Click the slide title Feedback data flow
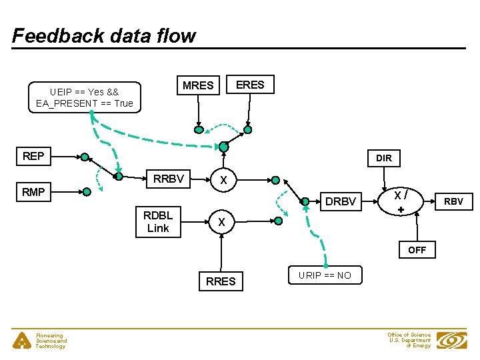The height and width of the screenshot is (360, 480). tap(104, 35)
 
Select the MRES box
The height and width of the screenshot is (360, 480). tap(198, 85)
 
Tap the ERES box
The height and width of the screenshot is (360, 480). tap(250, 85)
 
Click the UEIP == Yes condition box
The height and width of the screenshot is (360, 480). tap(85, 97)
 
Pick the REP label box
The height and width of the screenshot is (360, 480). tap(33, 156)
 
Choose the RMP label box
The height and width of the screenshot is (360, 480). tap(33, 192)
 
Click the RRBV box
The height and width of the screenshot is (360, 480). tap(169, 179)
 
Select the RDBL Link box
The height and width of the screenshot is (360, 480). tap(158, 221)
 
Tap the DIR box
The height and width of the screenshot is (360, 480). tap(383, 158)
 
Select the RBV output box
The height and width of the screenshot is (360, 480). tap(453, 201)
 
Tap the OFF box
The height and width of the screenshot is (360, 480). tap(417, 250)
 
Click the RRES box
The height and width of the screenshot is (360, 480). tap(221, 281)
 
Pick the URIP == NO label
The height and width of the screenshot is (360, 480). tap(325, 275)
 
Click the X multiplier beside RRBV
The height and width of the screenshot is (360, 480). tap(224, 180)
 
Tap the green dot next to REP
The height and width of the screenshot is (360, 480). tap(85, 157)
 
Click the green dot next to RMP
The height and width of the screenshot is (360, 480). tap(86, 192)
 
